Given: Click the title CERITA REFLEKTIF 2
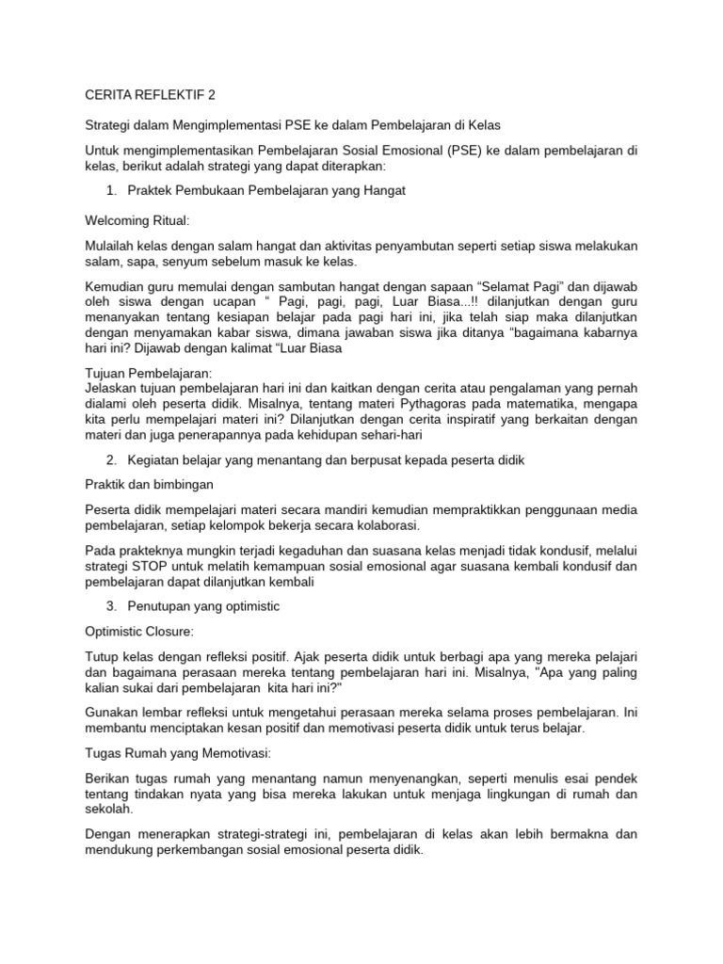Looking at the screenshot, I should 150,95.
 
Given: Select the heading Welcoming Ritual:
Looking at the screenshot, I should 137,221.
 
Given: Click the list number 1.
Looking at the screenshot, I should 110,191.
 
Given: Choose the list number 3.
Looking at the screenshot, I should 110,606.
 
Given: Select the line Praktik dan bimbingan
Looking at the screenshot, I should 150,485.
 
